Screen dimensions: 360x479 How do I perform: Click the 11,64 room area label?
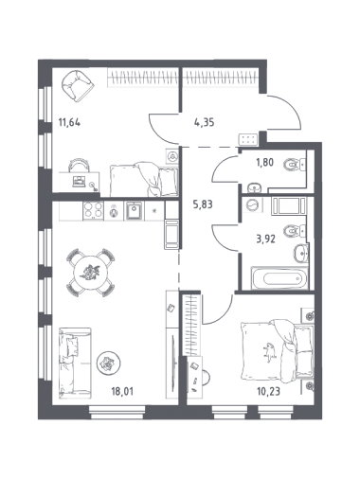[x=69, y=121]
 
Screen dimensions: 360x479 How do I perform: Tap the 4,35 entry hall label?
[x=205, y=122]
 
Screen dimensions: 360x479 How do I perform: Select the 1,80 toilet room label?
[x=263, y=162]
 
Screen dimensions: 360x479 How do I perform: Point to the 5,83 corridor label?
[x=203, y=204]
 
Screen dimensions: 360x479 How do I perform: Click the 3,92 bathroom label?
[x=265, y=239]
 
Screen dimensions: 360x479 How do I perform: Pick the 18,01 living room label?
[x=122, y=392]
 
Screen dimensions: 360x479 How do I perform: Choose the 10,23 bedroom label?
[x=269, y=392]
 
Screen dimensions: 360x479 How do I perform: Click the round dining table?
[x=91, y=273]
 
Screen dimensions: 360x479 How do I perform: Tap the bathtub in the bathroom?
[x=279, y=278]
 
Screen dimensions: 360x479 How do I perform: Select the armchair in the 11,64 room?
[x=77, y=85]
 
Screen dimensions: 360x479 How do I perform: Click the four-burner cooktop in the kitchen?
[x=93, y=210]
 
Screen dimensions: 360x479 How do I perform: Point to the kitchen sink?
[x=135, y=210]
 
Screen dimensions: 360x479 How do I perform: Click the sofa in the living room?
[x=75, y=361]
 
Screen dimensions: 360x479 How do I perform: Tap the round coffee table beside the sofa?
[x=108, y=364]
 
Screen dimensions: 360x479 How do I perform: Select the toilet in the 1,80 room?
[x=295, y=164]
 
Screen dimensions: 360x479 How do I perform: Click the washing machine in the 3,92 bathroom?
[x=252, y=205]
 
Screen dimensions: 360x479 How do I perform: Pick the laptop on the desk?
[x=79, y=181]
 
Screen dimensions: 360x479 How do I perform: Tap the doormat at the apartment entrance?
[x=248, y=140]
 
